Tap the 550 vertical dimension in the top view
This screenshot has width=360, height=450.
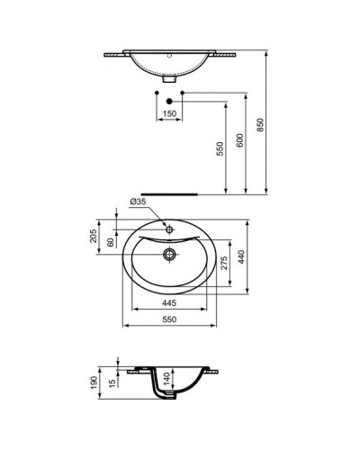point(217,149)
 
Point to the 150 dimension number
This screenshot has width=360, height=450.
point(169,114)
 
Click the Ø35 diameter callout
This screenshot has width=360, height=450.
point(138,202)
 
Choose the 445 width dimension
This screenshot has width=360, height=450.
point(169,303)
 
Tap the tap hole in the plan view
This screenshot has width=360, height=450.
point(169,229)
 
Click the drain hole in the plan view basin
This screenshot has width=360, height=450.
point(169,254)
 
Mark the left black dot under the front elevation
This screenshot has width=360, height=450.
point(157,93)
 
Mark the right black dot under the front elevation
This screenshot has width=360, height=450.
point(183,93)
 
